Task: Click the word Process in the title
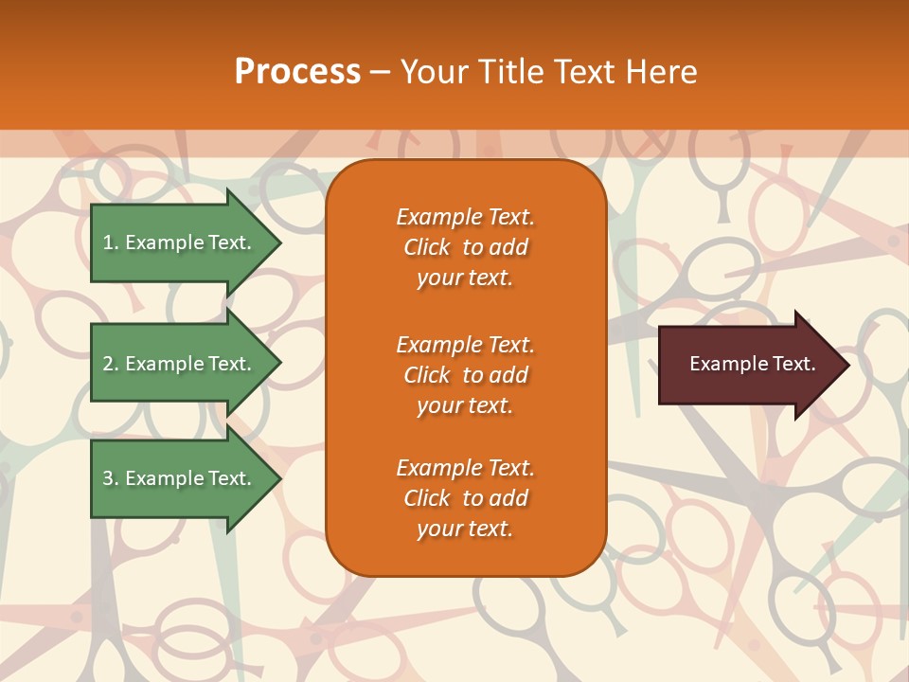click(297, 72)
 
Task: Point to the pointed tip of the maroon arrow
click(847, 365)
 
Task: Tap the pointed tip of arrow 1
click(279, 242)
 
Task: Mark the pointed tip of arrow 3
click(279, 478)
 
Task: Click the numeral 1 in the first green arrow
click(107, 242)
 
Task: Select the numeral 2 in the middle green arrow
click(107, 364)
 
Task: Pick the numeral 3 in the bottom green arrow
click(107, 478)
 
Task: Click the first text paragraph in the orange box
click(465, 247)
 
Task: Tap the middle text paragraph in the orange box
click(465, 375)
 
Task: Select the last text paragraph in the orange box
click(465, 498)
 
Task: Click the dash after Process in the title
click(380, 72)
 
